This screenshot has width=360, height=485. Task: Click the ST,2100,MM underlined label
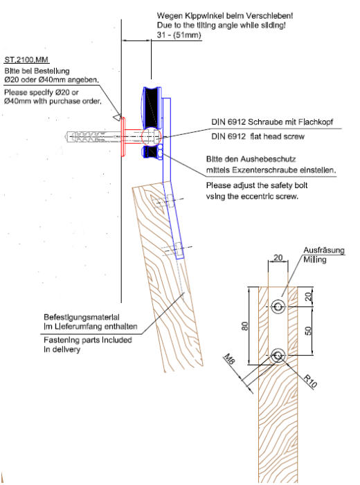click(26, 60)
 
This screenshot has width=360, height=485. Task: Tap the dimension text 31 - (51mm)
click(179, 35)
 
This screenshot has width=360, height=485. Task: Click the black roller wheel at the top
click(152, 107)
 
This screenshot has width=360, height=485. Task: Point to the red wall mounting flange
click(123, 137)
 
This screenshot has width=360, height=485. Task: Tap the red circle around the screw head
click(151, 136)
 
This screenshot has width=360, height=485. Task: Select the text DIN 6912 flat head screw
click(258, 136)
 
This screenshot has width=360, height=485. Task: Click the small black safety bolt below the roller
click(152, 152)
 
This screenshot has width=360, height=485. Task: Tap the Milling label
click(314, 260)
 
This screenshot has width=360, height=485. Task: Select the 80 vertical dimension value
click(244, 326)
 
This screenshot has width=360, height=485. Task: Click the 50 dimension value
click(308, 331)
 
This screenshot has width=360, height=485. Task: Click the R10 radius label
click(310, 381)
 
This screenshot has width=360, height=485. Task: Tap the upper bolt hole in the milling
click(278, 306)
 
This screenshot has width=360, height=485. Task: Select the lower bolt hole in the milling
click(278, 356)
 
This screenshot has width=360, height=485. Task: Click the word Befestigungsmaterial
click(82, 318)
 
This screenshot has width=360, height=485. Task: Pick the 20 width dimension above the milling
click(278, 257)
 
